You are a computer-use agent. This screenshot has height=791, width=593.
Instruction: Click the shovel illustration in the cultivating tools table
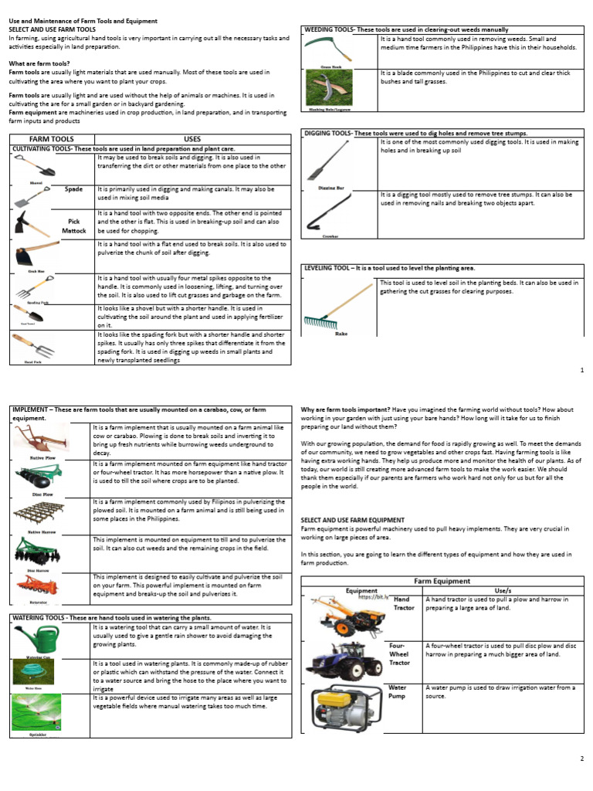[32, 166]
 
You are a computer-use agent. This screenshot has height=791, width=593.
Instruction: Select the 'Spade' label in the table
[73, 188]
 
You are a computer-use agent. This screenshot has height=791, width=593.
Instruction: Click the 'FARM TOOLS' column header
[52, 139]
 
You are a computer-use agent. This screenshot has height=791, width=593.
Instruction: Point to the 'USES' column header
[192, 139]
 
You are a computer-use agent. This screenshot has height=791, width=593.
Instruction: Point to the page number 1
[581, 371]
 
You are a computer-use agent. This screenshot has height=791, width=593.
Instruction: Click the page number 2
[581, 759]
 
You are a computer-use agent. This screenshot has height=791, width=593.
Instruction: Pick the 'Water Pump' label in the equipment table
[398, 691]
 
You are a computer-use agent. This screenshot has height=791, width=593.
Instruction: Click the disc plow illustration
[36, 479]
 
